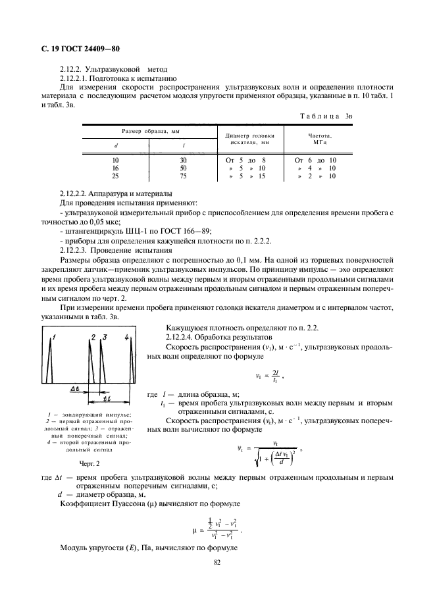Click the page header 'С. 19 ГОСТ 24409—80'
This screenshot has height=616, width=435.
[x=76, y=50]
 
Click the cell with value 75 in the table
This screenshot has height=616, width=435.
[x=184, y=176]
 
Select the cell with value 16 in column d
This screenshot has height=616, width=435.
[x=115, y=168]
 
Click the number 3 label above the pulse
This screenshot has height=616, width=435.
[x=104, y=338]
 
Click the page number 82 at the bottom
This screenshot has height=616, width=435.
[x=217, y=562]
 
